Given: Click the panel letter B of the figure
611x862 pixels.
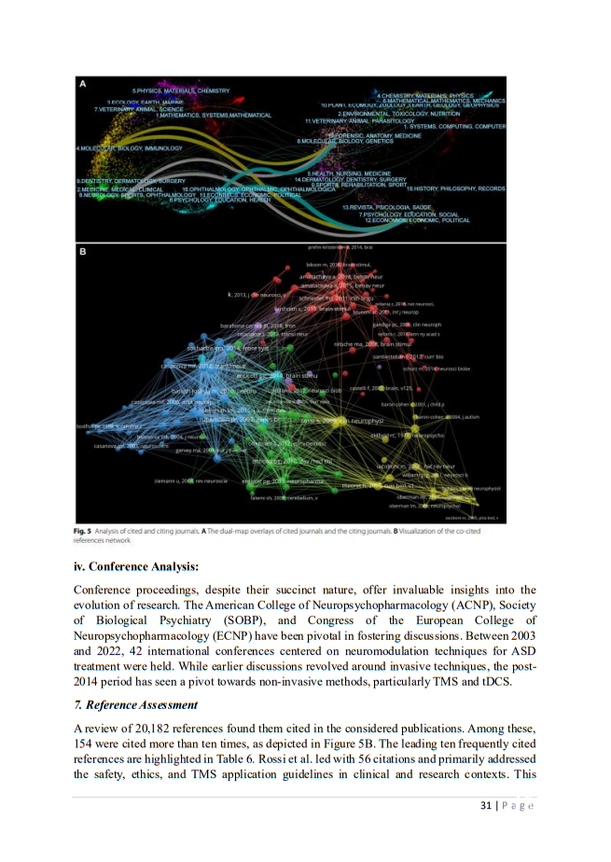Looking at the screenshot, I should pos(83,252).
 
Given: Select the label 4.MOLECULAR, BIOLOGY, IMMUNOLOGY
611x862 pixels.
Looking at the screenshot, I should pos(129,148).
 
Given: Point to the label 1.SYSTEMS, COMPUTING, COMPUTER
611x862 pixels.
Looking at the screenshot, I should pos(454,126).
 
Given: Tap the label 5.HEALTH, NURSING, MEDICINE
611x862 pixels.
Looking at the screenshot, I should pos(350,174).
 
